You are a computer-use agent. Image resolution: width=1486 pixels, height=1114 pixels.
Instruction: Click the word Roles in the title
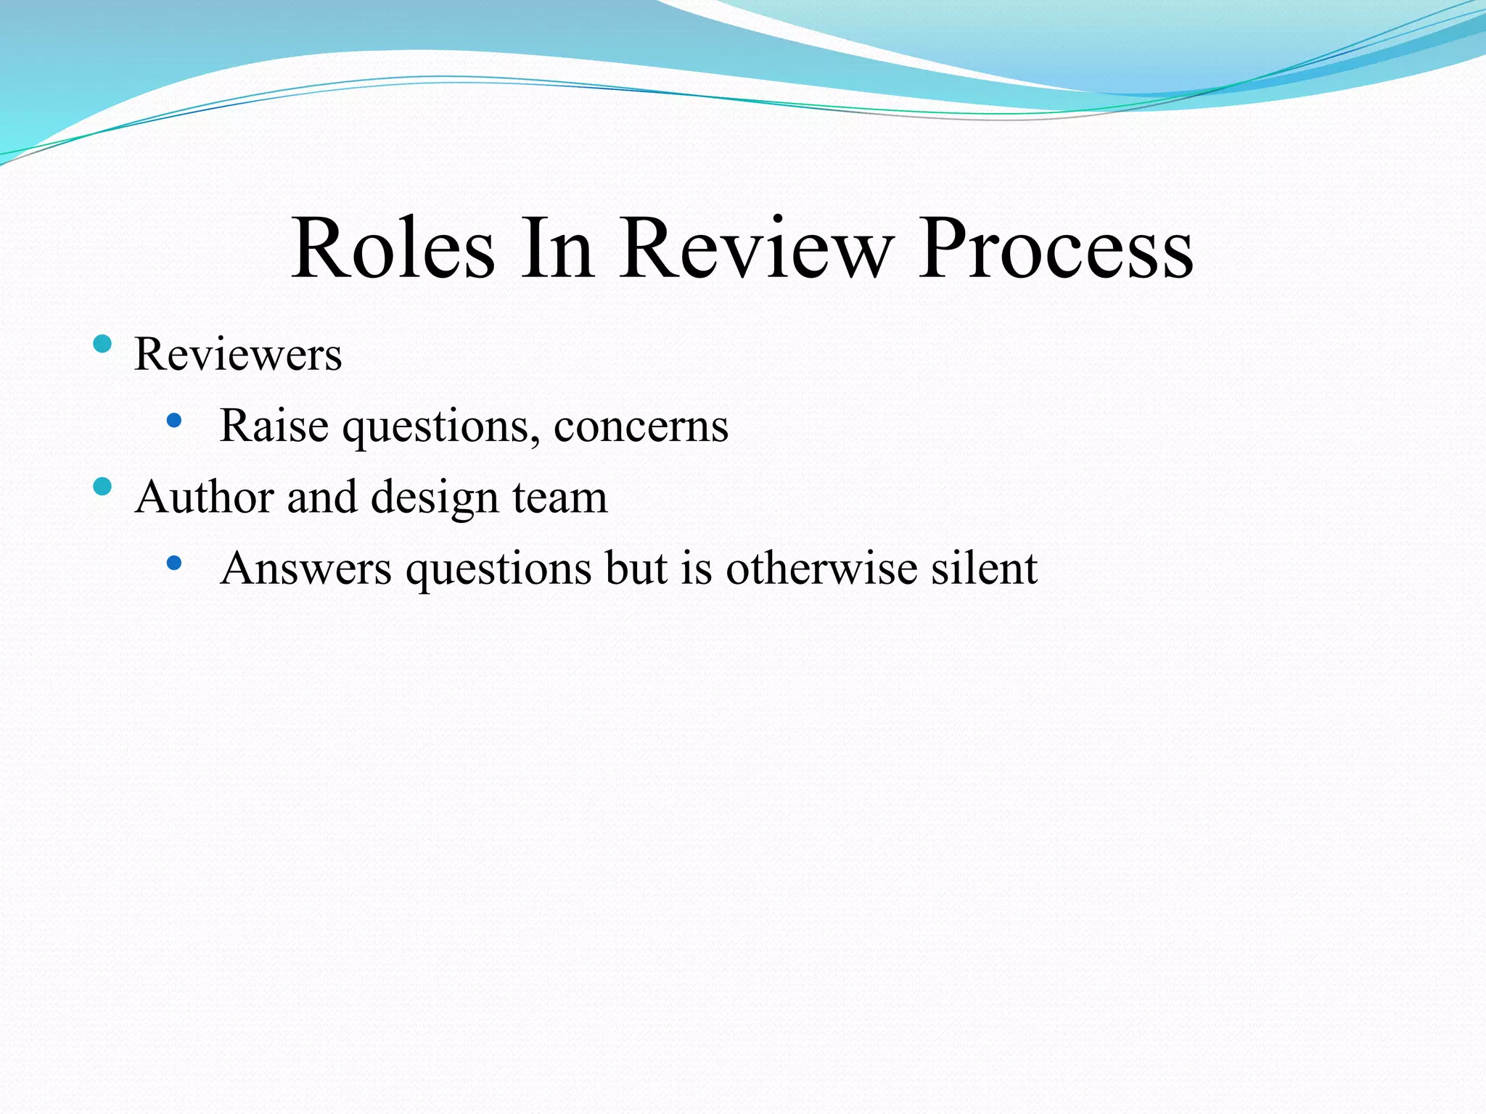pos(393,248)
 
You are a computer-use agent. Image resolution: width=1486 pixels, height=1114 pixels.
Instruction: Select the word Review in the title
pos(756,248)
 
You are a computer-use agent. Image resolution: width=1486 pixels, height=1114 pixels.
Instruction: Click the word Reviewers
pos(238,355)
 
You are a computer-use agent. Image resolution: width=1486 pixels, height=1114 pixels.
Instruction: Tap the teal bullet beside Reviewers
pos(102,344)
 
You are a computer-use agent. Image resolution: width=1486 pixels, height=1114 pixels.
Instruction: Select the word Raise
pos(274,425)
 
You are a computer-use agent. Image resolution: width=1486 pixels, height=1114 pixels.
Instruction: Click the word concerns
pos(641,426)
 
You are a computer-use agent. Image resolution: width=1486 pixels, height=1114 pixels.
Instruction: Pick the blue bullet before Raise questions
pos(173,420)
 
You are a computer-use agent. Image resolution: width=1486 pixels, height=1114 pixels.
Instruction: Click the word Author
pos(204,498)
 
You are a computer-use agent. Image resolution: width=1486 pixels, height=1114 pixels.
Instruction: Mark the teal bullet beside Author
pos(102,487)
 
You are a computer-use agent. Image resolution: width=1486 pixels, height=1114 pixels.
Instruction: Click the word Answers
pos(305,568)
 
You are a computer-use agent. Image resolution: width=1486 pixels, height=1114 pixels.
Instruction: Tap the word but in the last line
pos(636,568)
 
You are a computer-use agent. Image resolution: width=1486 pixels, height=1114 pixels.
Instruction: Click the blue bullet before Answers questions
pos(173,563)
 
